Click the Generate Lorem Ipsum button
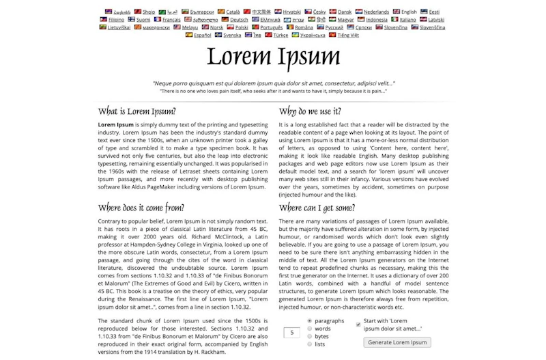pos(398,342)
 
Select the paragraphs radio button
pos(310,320)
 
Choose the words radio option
pos(310,329)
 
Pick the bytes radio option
pos(310,336)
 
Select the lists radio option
pos(310,344)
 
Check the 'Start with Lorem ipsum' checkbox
pos(358,324)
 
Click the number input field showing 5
pos(292,333)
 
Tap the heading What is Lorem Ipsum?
pos(136,111)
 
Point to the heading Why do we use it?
pos(310,111)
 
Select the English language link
pos(409,12)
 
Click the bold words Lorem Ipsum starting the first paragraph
pos(116,125)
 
